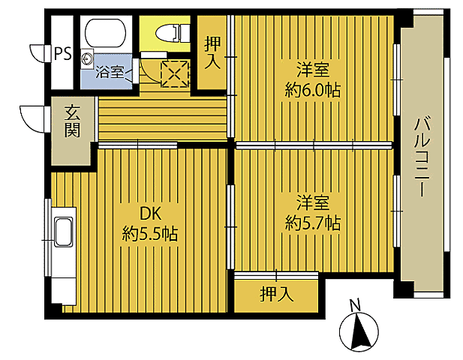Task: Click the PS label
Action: [x=63, y=53]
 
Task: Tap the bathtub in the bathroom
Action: [x=107, y=34]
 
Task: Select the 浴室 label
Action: [x=110, y=73]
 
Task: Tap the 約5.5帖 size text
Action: [x=150, y=234]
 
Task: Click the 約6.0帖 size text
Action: [x=313, y=90]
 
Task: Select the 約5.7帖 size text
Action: [x=313, y=223]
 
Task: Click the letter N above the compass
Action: [x=356, y=304]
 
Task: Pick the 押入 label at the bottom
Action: [x=276, y=294]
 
